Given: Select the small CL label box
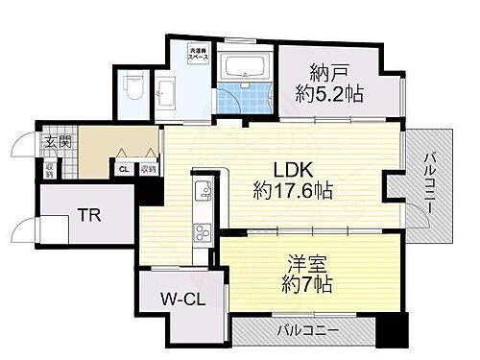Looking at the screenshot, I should [123, 169].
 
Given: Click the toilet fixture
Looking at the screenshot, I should [134, 87].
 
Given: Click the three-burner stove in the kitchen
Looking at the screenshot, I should [204, 233].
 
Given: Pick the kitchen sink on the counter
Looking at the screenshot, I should [204, 193].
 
